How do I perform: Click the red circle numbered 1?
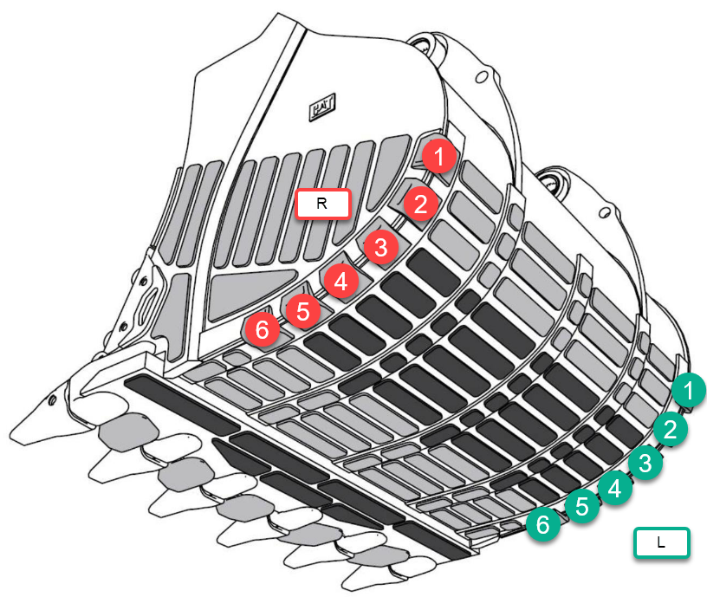(x=439, y=157)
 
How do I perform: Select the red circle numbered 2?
(x=421, y=204)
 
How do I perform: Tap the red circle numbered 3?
(x=381, y=247)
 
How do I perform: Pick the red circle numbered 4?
(x=341, y=282)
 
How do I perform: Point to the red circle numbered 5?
(x=303, y=311)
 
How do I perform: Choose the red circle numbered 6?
(x=263, y=329)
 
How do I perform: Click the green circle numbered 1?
(x=689, y=391)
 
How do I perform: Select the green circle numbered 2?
(x=671, y=429)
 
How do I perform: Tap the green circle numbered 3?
(x=645, y=463)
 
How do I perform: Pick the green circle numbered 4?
(x=614, y=488)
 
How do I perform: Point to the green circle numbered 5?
(x=582, y=506)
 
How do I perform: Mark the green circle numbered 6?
(x=543, y=524)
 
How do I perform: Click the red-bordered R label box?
(x=322, y=204)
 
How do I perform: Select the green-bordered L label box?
(x=661, y=542)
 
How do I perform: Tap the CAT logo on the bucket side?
(x=322, y=107)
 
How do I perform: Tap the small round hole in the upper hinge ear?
(x=482, y=76)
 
